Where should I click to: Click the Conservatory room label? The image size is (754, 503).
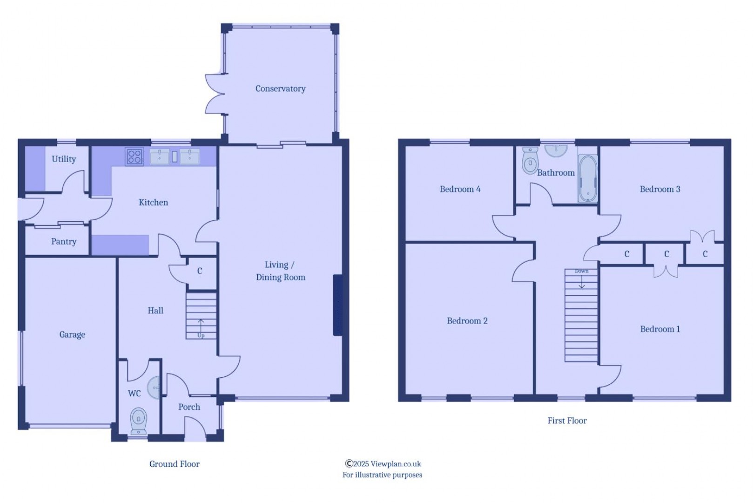pyautogui.click(x=280, y=88)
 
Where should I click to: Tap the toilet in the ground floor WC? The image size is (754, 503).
pyautogui.click(x=138, y=421)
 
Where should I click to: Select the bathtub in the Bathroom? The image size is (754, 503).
pyautogui.click(x=588, y=178)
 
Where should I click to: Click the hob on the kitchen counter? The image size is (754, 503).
pyautogui.click(x=135, y=156)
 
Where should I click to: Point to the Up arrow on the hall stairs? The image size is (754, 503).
pyautogui.click(x=201, y=326)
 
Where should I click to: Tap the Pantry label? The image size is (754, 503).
pyautogui.click(x=64, y=242)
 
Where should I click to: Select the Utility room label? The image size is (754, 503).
pyautogui.click(x=64, y=159)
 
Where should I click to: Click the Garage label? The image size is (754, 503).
pyautogui.click(x=72, y=334)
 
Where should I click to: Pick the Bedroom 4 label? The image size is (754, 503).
pyautogui.click(x=460, y=189)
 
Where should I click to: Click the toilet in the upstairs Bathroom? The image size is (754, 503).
pyautogui.click(x=530, y=160)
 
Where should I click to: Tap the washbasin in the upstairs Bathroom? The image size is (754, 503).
pyautogui.click(x=556, y=150)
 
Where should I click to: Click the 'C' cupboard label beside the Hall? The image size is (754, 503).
pyautogui.click(x=200, y=271)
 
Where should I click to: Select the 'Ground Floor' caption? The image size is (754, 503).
pyautogui.click(x=175, y=464)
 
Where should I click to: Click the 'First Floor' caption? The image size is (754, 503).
pyautogui.click(x=567, y=421)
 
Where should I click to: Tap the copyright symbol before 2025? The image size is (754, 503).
pyautogui.click(x=349, y=463)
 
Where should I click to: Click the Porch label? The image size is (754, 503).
pyautogui.click(x=189, y=407)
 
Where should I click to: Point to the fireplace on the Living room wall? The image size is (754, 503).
pyautogui.click(x=337, y=305)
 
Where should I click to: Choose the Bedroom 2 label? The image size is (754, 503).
pyautogui.click(x=467, y=321)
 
